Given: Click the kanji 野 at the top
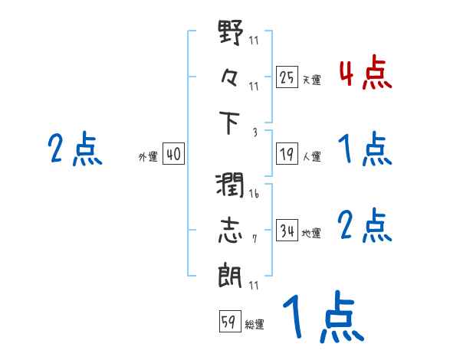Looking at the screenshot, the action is pyautogui.click(x=230, y=35).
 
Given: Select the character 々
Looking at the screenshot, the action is pyautogui.click(x=230, y=79).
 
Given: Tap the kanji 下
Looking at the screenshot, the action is pyautogui.click(x=230, y=123).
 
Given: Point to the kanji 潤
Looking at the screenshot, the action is pyautogui.click(x=230, y=186).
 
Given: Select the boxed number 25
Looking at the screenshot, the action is pyautogui.click(x=287, y=77).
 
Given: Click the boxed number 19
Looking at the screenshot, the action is pyautogui.click(x=287, y=154).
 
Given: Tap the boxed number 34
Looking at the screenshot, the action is pyautogui.click(x=287, y=230).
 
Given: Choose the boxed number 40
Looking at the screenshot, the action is pyautogui.click(x=172, y=155).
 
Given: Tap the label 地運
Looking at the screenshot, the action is pyautogui.click(x=311, y=233).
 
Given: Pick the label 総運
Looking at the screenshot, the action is pyautogui.click(x=255, y=324).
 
